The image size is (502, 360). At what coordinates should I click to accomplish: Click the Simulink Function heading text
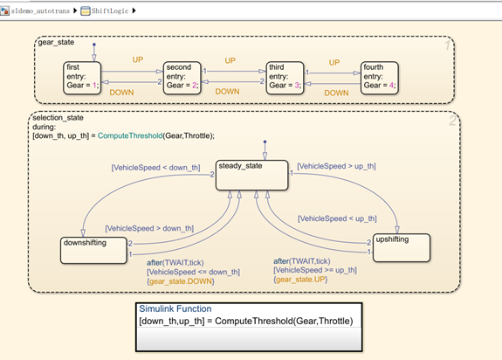pos(174,308)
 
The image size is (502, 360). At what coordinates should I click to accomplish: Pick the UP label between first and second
pos(138,59)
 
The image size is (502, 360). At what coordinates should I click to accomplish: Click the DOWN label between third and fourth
pos(336,92)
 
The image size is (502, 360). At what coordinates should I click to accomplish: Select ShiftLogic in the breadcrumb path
pos(114,10)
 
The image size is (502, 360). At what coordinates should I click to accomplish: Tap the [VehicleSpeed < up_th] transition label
pos(337,218)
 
